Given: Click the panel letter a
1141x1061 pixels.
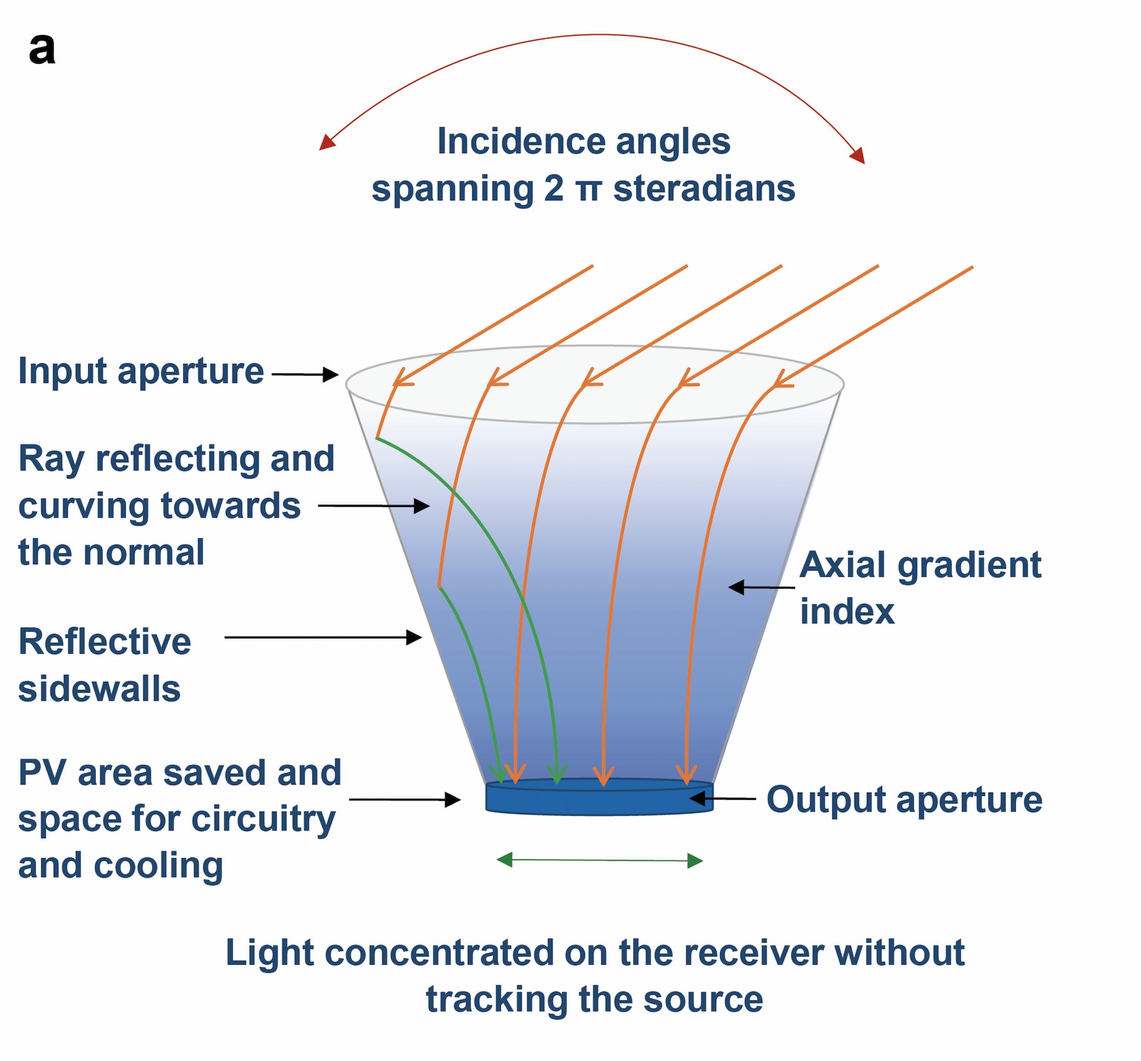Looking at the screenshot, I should click(41, 49).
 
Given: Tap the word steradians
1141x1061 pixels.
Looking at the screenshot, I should click(704, 188).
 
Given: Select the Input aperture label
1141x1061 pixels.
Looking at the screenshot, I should click(141, 371).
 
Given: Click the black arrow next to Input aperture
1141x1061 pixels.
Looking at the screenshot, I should click(305, 375).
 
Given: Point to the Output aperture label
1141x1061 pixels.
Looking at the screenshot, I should click(904, 800).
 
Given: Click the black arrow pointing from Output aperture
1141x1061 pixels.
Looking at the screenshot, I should click(723, 798).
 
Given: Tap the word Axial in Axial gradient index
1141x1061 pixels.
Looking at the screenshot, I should click(843, 565).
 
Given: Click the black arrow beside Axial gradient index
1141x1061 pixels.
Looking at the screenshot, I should click(761, 587).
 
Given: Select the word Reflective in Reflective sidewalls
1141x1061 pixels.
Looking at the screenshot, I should click(104, 642).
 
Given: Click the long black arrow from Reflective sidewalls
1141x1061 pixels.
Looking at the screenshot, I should click(323, 637).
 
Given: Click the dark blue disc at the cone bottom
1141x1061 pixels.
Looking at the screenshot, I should click(599, 798).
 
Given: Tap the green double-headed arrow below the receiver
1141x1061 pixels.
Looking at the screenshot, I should click(599, 861).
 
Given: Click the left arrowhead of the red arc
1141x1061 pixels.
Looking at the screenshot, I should click(327, 143).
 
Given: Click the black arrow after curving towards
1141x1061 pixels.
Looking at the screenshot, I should click(373, 505).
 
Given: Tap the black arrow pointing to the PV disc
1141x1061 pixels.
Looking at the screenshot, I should click(404, 800).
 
